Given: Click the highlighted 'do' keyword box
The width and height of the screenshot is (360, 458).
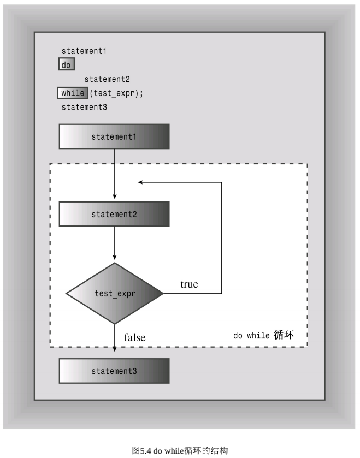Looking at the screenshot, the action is click(x=67, y=64).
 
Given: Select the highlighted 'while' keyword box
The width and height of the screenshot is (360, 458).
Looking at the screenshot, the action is click(x=73, y=93).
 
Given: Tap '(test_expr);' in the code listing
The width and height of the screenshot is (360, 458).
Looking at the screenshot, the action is click(x=116, y=93).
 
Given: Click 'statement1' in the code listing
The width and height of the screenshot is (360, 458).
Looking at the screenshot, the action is click(x=84, y=51).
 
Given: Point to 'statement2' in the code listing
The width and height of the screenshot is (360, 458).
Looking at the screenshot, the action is click(x=107, y=79).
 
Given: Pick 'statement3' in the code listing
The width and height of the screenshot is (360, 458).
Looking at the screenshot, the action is click(x=84, y=107).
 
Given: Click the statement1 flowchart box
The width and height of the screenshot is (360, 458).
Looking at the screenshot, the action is click(x=114, y=136).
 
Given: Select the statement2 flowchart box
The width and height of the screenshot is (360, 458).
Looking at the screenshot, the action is click(x=114, y=214).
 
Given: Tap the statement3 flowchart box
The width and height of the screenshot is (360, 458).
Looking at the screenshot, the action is click(x=114, y=371).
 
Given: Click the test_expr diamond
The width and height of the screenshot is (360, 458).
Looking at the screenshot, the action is click(x=115, y=293).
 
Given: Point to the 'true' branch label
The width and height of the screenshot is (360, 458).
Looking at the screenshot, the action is click(x=189, y=284).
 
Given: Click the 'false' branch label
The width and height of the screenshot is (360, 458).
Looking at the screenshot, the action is click(x=134, y=338).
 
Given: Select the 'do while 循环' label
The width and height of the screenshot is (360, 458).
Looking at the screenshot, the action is click(x=263, y=335).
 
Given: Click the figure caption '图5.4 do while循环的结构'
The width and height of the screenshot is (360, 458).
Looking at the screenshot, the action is click(x=180, y=450).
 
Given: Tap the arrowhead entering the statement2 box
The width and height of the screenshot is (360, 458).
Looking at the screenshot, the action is click(x=115, y=197).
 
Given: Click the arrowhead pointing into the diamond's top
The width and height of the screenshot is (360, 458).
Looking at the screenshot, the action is click(x=115, y=257).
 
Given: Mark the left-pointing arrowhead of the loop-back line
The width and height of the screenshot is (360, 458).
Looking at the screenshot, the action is click(x=140, y=182).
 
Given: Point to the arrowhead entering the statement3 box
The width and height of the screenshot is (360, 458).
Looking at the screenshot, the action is click(x=115, y=349).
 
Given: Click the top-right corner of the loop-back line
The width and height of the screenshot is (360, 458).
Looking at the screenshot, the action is click(x=221, y=182).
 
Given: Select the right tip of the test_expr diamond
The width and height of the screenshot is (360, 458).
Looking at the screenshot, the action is click(x=163, y=293).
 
